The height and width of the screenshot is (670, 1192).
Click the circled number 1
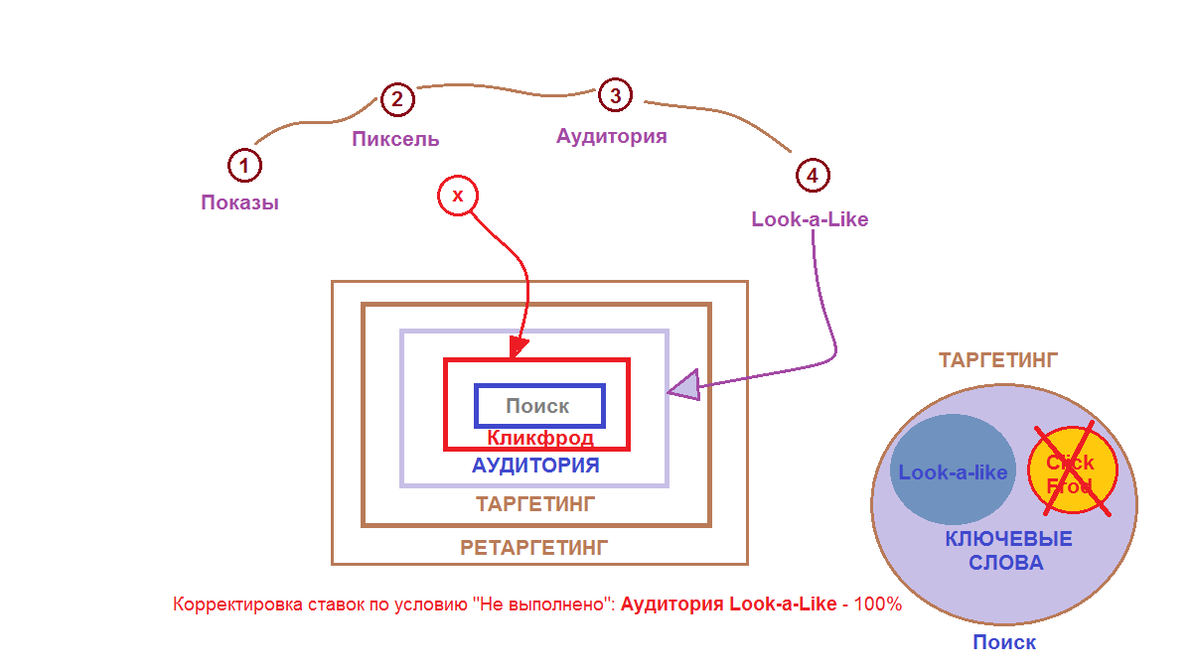(x=244, y=166)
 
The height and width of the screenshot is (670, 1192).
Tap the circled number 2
(x=397, y=99)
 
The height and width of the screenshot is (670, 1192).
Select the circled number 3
(x=615, y=95)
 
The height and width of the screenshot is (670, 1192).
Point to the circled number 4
(x=813, y=176)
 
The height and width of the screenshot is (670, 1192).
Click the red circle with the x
(x=458, y=196)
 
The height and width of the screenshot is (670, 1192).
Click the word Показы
(x=240, y=202)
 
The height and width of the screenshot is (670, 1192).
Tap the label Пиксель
(x=395, y=139)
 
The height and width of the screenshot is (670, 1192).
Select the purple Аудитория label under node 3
(x=612, y=137)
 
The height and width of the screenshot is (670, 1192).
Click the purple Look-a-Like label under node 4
(x=810, y=219)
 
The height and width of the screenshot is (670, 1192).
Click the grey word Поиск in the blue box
(x=537, y=406)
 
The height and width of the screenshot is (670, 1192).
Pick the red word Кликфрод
(x=540, y=438)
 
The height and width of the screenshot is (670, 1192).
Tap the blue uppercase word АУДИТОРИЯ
(x=535, y=466)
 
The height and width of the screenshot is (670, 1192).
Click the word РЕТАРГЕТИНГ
(x=533, y=548)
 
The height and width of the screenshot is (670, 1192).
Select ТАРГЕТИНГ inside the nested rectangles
(x=535, y=504)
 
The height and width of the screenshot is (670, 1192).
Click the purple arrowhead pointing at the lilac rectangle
(x=684, y=385)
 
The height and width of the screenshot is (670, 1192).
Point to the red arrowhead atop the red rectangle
(x=518, y=347)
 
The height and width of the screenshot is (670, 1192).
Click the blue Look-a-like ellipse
(x=953, y=469)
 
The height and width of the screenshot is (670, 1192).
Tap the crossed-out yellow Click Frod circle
(x=1072, y=469)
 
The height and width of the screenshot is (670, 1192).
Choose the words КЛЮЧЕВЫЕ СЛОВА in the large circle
(x=1008, y=551)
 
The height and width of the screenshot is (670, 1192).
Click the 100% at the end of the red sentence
(x=878, y=604)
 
